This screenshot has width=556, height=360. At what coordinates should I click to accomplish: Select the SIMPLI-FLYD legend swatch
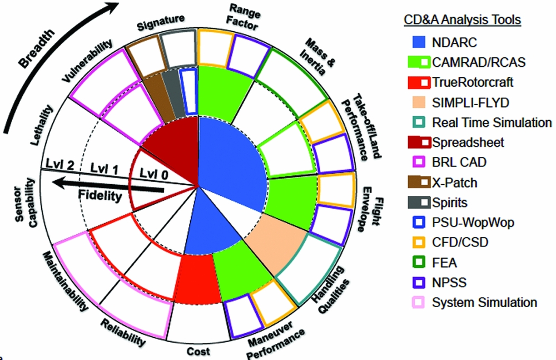(419, 102)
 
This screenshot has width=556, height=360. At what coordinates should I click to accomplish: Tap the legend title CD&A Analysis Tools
(463, 19)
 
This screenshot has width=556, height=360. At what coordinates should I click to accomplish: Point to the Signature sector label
(161, 22)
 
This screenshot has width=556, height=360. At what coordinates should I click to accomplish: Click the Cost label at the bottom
(198, 351)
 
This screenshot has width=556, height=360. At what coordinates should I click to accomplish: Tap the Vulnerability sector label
(87, 61)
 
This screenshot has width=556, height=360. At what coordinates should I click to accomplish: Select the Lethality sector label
(42, 125)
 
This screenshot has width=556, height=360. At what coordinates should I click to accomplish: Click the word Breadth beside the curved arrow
(37, 48)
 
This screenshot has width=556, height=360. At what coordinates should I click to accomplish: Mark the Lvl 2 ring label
(60, 165)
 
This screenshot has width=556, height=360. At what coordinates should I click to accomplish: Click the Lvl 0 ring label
(154, 174)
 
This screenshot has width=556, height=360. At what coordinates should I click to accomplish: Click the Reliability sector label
(123, 333)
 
